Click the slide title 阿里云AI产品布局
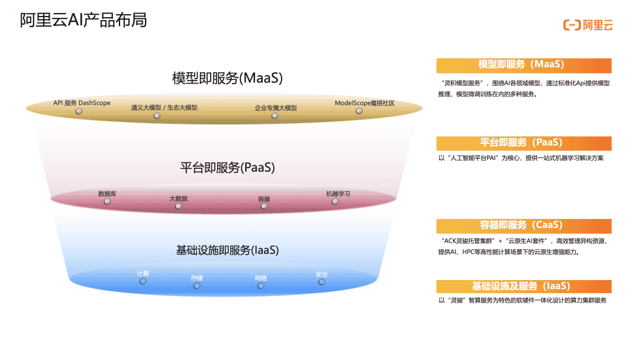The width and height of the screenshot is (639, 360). [x=83, y=20]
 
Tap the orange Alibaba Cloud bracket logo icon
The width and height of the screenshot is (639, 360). [x=571, y=25]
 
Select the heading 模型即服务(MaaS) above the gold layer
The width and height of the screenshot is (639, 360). [x=227, y=78]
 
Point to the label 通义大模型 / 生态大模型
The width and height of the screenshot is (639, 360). [x=164, y=108]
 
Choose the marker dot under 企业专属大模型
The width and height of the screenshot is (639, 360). [x=275, y=116]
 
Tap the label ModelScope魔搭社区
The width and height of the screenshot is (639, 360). [x=364, y=103]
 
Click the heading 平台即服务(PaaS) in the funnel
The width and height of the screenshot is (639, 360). [x=227, y=168]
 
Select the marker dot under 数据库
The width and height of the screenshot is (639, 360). [x=107, y=201]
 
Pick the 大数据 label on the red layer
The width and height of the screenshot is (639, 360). [x=178, y=198]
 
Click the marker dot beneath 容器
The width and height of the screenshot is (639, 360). [x=264, y=206]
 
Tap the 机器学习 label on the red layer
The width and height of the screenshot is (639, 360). [x=338, y=194]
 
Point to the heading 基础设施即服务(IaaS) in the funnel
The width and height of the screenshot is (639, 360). [x=227, y=250]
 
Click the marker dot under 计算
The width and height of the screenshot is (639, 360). [x=143, y=281]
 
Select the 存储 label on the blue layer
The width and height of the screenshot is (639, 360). [x=196, y=278]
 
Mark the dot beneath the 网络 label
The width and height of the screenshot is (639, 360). [x=261, y=286]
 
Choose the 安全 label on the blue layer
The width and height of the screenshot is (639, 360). [x=321, y=274]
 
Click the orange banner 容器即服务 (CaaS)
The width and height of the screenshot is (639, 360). [x=524, y=226]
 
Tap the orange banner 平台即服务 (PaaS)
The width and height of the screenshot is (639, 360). [x=524, y=143]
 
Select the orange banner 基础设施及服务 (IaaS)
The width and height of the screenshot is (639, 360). [x=524, y=287]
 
